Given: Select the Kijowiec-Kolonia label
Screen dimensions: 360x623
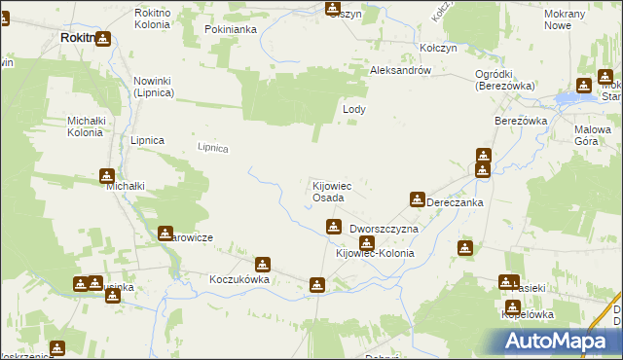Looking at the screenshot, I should click(375, 253).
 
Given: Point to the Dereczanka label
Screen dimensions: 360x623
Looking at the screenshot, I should click(455, 202).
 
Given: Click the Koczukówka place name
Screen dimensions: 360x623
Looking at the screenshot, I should click(238, 278).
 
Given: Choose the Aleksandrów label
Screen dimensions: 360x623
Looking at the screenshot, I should click(400, 71).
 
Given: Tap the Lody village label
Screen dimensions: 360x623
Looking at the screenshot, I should click(354, 110).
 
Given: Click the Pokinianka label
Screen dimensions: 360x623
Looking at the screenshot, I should click(230, 29).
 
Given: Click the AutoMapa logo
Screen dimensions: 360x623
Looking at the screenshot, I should click(560, 341).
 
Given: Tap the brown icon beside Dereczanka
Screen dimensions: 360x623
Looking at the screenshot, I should click(418, 199).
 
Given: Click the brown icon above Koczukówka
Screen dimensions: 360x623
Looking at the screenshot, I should click(262, 264).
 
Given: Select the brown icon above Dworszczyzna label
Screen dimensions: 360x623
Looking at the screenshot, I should click(333, 227).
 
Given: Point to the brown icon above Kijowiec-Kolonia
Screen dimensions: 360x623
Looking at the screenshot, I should click(366, 240).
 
